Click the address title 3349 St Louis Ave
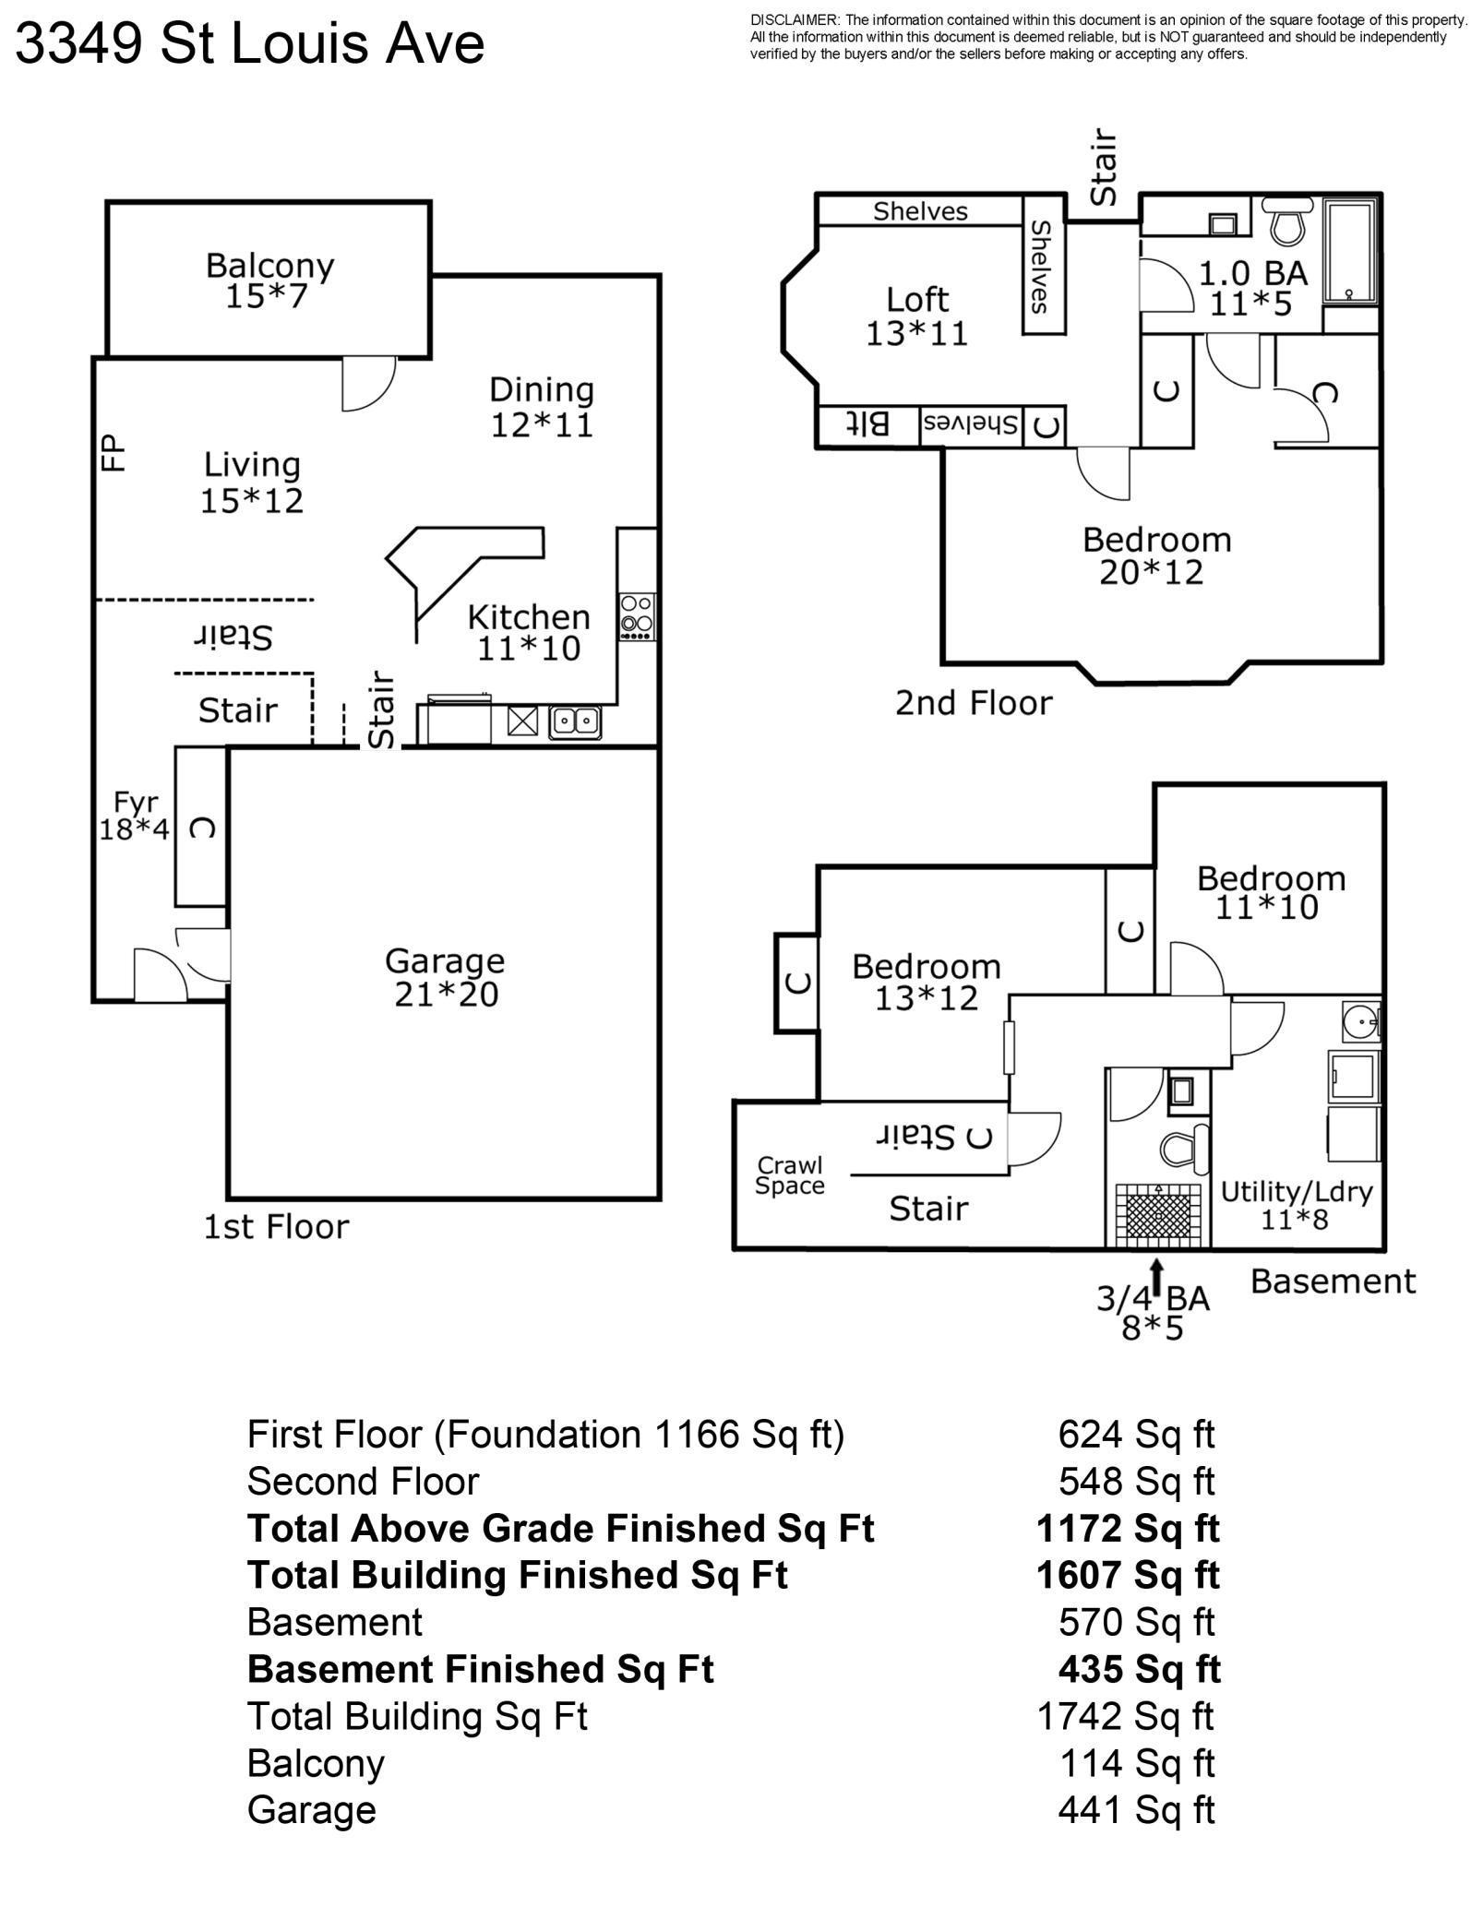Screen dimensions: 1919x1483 [249, 43]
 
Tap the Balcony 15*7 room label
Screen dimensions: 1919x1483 [269, 280]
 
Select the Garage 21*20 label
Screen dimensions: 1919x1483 [445, 977]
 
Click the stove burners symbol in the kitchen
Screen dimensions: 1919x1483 [637, 616]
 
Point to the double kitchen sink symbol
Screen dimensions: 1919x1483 [575, 721]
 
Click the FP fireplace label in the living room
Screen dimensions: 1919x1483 [112, 453]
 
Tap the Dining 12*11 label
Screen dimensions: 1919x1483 [542, 406]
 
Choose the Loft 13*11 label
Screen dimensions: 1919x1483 [917, 316]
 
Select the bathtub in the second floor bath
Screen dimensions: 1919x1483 [1352, 251]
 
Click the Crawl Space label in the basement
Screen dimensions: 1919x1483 [790, 1175]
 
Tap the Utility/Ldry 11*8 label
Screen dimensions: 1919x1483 [1296, 1205]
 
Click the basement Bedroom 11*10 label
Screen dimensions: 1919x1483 [1271, 892]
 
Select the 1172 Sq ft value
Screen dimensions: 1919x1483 [1128, 1530]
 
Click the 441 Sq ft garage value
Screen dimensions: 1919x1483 [1136, 1810]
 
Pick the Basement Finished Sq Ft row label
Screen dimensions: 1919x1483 [480, 1669]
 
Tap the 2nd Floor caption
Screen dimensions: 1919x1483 [974, 704]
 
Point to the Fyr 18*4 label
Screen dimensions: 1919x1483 [135, 816]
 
